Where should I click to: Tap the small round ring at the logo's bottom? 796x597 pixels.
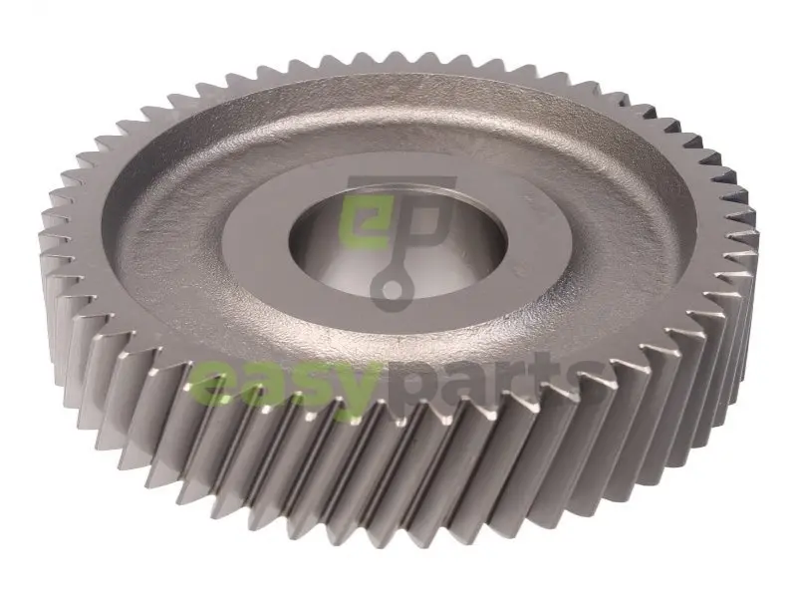pyautogui.click(x=390, y=292)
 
